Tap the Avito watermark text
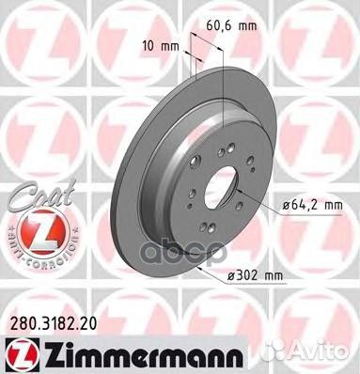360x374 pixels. [324, 355]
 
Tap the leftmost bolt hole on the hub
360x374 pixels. [189, 196]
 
